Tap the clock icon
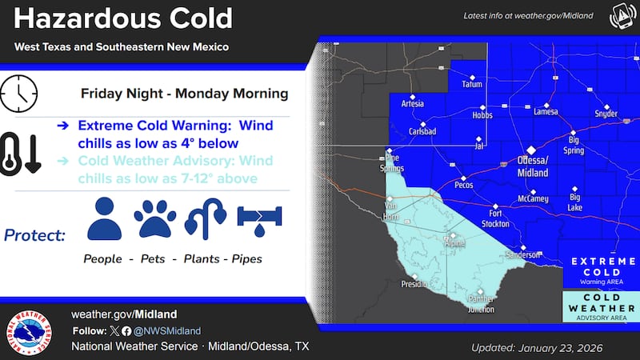tap(20, 95)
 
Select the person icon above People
tap(104, 218)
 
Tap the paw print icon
tap(154, 218)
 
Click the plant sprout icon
tap(206, 218)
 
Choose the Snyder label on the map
tap(606, 114)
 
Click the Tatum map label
tap(472, 83)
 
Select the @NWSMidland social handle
tap(167, 330)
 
